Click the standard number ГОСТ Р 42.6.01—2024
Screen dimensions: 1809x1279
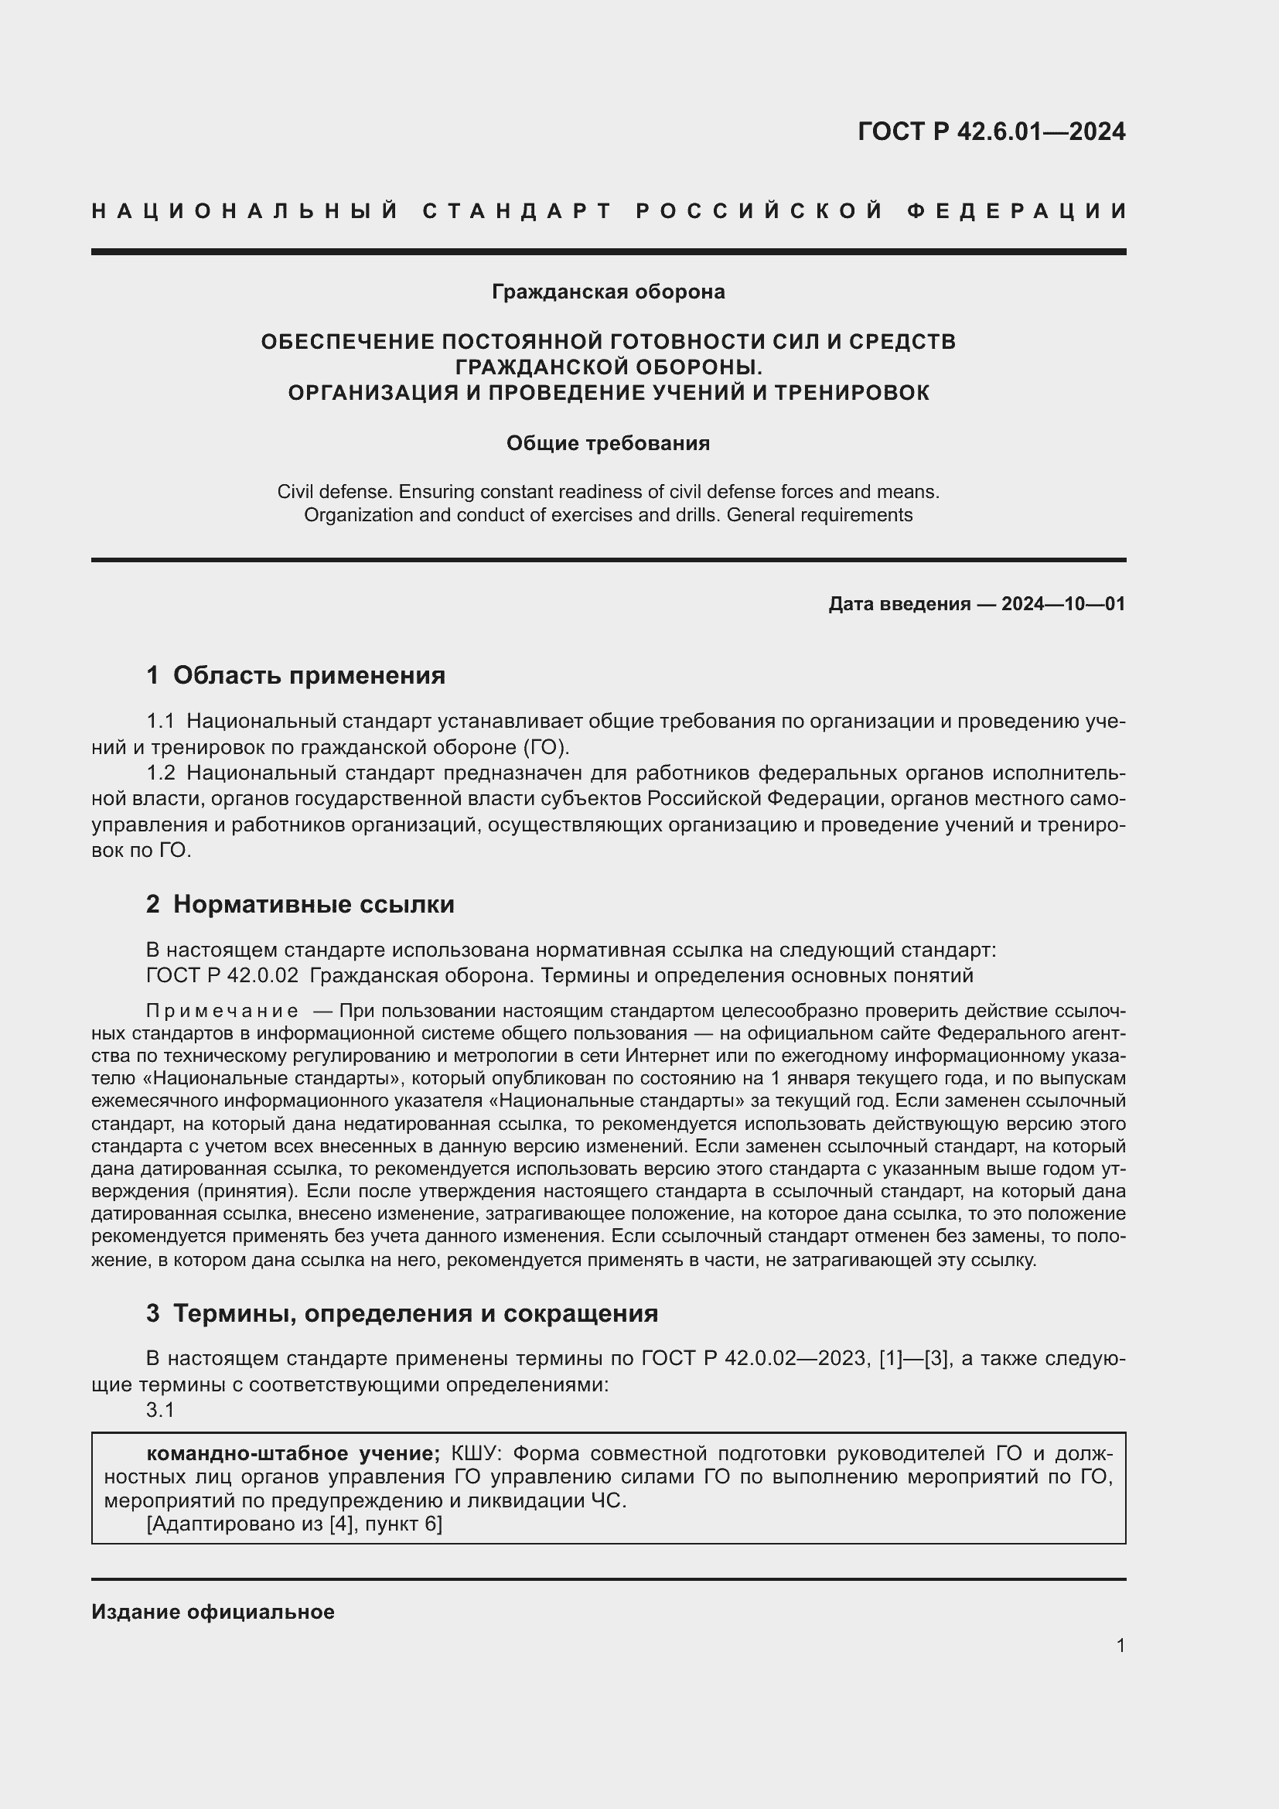pos(991,131)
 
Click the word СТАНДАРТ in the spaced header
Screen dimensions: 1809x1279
pos(517,211)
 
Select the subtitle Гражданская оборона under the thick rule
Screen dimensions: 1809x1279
pos(608,292)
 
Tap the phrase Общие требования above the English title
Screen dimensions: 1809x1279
pos(608,444)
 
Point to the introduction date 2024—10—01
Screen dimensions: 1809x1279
pos(1062,604)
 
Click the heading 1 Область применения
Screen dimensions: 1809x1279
pos(296,675)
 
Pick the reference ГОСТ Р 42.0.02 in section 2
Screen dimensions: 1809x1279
pos(222,975)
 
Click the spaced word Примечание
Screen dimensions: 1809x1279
pos(222,1011)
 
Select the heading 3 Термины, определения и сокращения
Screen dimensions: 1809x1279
pos(401,1313)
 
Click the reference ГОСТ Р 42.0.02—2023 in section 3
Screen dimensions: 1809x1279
pos(754,1358)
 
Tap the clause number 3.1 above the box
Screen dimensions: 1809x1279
pos(160,1411)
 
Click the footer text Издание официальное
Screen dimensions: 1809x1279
pos(213,1612)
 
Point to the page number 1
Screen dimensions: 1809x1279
pos(1120,1645)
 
